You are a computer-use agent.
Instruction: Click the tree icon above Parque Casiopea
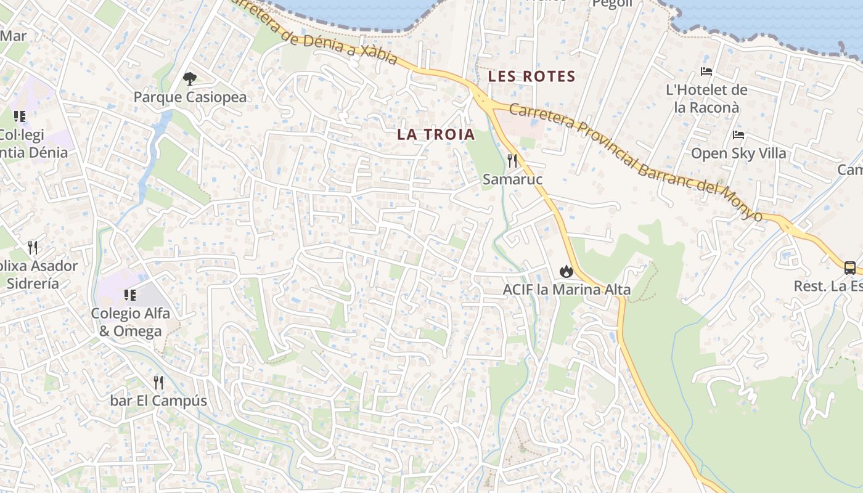(x=190, y=78)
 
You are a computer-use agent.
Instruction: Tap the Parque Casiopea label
(x=190, y=97)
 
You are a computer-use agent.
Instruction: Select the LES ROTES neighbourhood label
(x=531, y=77)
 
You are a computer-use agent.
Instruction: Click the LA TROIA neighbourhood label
(x=436, y=134)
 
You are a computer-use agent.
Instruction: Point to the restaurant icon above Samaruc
(x=512, y=161)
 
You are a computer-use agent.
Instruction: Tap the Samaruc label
(x=512, y=179)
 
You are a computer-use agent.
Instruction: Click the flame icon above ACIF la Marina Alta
(x=566, y=271)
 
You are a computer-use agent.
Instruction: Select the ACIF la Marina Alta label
(x=566, y=290)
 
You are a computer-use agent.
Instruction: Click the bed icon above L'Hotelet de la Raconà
(x=706, y=71)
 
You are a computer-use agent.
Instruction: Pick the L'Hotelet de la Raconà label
(x=706, y=99)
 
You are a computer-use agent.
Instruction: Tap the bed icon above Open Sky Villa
(x=738, y=135)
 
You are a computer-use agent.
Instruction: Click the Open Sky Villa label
(x=738, y=153)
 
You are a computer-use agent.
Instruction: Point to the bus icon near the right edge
(x=849, y=267)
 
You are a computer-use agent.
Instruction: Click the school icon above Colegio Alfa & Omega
(x=129, y=295)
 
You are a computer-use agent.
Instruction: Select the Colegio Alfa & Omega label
(x=130, y=322)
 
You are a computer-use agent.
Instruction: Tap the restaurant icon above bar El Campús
(x=158, y=383)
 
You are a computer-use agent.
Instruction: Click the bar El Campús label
(x=158, y=401)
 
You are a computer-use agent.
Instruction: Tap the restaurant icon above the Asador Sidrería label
(x=33, y=248)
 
